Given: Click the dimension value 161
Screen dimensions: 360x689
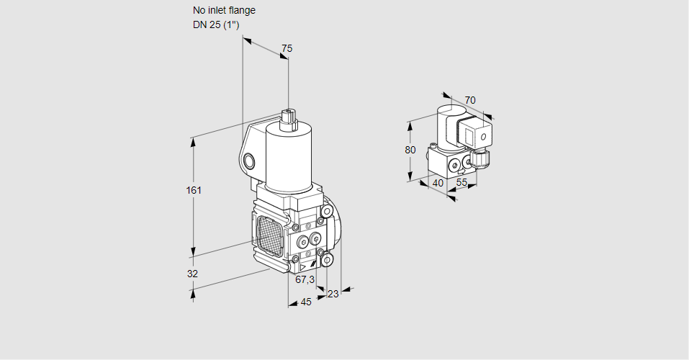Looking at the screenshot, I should [x=194, y=191].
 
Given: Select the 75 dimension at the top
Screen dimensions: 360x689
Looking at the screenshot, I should [x=287, y=48].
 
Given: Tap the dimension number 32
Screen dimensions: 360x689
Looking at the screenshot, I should [x=193, y=274].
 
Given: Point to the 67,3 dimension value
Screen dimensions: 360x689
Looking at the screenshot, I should [x=305, y=279].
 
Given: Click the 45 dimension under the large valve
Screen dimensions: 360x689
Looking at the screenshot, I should [x=306, y=302].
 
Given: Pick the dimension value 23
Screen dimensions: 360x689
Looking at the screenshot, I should [x=333, y=294].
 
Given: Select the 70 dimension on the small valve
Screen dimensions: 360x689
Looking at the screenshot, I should [x=470, y=100].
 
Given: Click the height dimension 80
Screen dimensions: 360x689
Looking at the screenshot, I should [x=410, y=150].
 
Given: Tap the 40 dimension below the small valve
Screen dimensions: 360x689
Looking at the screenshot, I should [x=437, y=183].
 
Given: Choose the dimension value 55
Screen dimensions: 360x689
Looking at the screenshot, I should [x=462, y=183].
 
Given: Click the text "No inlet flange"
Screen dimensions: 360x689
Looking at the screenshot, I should [x=224, y=11].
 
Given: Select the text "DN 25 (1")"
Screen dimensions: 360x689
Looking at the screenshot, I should [x=216, y=25].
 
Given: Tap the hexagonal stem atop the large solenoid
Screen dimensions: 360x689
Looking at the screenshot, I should [x=289, y=118].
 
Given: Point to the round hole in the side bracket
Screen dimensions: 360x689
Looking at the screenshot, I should [x=249, y=161].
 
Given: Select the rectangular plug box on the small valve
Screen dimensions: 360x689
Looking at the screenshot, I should [x=476, y=135].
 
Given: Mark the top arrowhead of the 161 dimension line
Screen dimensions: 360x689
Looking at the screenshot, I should [x=193, y=140].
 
